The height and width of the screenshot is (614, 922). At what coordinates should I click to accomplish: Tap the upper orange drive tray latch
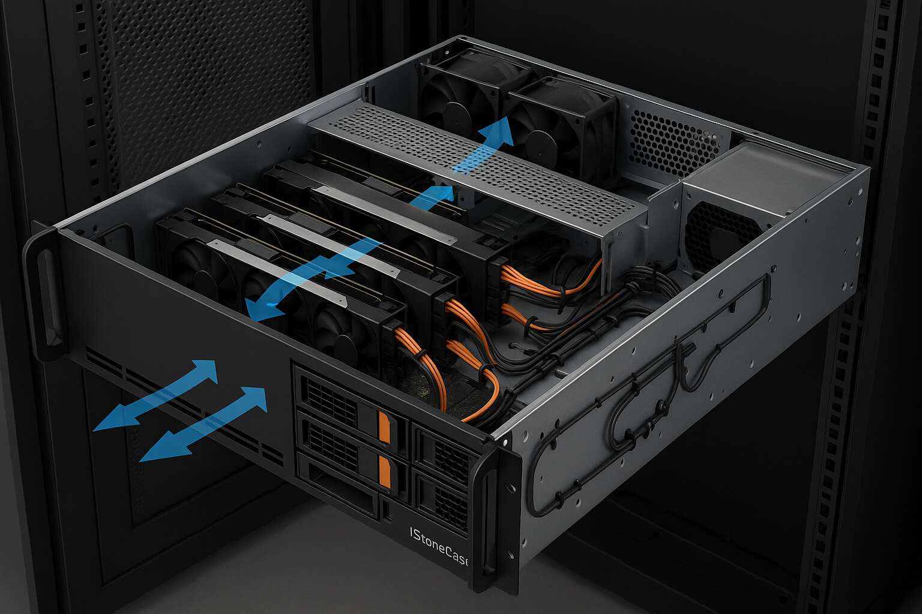[384, 428]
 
